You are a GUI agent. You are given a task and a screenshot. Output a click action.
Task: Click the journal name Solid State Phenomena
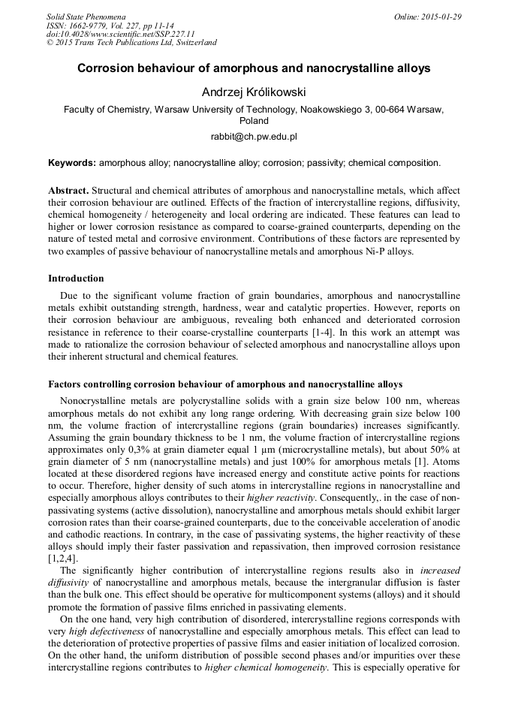click(86, 17)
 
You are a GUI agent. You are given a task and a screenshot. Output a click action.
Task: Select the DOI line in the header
click(120, 34)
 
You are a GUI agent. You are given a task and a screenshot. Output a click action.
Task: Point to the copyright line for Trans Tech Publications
click(131, 43)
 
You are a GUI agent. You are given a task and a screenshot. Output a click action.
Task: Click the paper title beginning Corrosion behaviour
click(254, 68)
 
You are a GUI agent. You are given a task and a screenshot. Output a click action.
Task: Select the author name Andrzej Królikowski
click(254, 92)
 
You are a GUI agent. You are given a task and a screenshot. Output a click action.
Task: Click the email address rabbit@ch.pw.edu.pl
click(254, 137)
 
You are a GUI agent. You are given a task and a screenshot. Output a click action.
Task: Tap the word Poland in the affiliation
click(254, 120)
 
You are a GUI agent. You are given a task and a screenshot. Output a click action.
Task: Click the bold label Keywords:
click(72, 162)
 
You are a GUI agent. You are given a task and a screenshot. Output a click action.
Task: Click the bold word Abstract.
click(68, 191)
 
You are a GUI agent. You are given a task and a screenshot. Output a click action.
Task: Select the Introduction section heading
click(76, 279)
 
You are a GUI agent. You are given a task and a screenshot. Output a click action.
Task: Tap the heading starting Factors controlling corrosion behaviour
click(225, 384)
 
